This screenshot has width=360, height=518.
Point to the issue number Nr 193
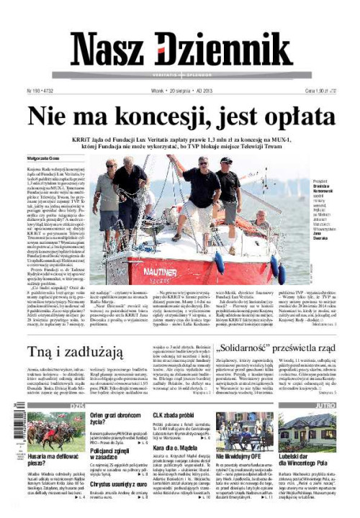pyautogui.click(x=35, y=92)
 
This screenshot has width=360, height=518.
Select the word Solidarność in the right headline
pyautogui.click(x=227, y=350)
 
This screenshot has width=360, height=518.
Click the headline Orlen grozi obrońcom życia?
pyautogui.click(x=114, y=419)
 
